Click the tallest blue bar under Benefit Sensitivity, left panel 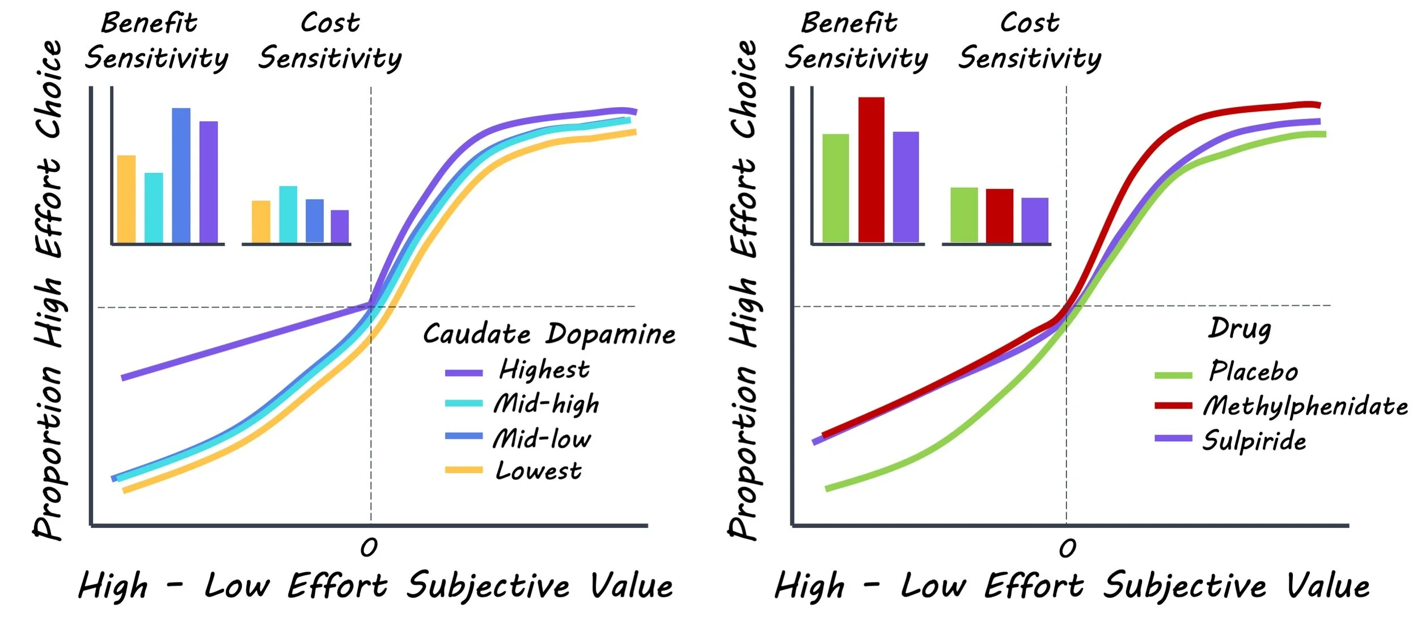[x=181, y=176]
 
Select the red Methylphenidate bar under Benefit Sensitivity [x=871, y=170]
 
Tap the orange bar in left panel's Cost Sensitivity [x=261, y=222]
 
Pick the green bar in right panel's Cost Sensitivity [x=964, y=215]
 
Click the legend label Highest [x=544, y=370]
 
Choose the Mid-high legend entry [x=546, y=404]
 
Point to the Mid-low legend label [x=542, y=438]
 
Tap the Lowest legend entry [x=538, y=471]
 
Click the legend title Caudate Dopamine [x=549, y=334]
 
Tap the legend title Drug [x=1240, y=328]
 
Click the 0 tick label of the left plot [x=369, y=547]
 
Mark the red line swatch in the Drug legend [x=1173, y=405]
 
